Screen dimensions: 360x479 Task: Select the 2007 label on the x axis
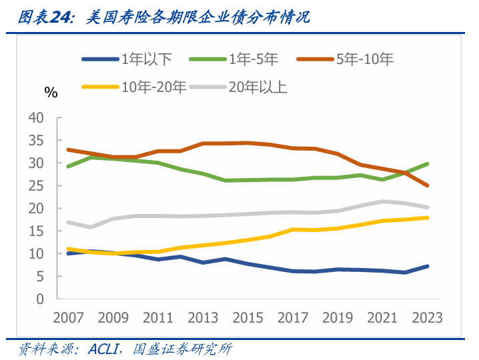tap(68, 318)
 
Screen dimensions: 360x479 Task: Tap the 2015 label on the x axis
tap(248, 318)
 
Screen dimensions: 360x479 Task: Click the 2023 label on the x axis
tap(427, 318)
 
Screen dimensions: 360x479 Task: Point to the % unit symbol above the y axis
tap(51, 93)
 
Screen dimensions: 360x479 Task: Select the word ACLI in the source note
tap(100, 349)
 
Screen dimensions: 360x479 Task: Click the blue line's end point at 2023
tap(427, 267)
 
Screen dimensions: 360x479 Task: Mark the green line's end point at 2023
tap(427, 164)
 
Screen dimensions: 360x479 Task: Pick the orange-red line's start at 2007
tap(68, 150)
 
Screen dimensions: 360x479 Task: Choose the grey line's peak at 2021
tap(382, 201)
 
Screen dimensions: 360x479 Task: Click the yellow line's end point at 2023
tap(427, 218)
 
